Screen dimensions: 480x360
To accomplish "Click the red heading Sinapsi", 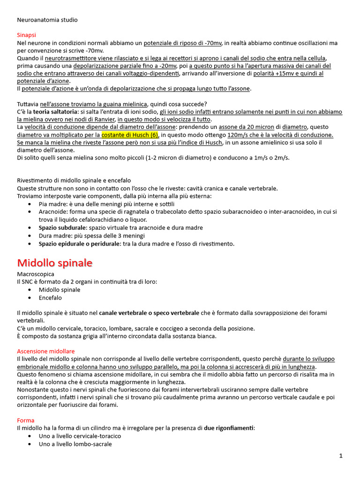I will tap(26, 35).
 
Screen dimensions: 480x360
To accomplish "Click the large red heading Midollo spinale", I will tap(54, 262).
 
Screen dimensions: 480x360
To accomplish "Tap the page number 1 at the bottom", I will tap(341, 456).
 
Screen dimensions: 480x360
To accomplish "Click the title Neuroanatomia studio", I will tap(47, 20).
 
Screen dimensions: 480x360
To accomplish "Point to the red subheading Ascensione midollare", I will tap(45, 351).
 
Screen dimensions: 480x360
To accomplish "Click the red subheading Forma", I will tap(25, 420).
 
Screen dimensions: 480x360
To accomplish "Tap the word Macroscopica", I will tap(36, 274).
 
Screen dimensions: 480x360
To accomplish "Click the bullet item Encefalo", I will tap(50, 298).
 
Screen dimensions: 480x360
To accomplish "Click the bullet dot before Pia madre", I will tap(30, 204).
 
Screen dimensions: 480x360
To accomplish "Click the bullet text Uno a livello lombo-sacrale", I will tap(75, 443).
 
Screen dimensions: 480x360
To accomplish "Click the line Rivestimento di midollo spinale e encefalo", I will tap(74, 180).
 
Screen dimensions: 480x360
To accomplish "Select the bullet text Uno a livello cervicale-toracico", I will tap(80, 436).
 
